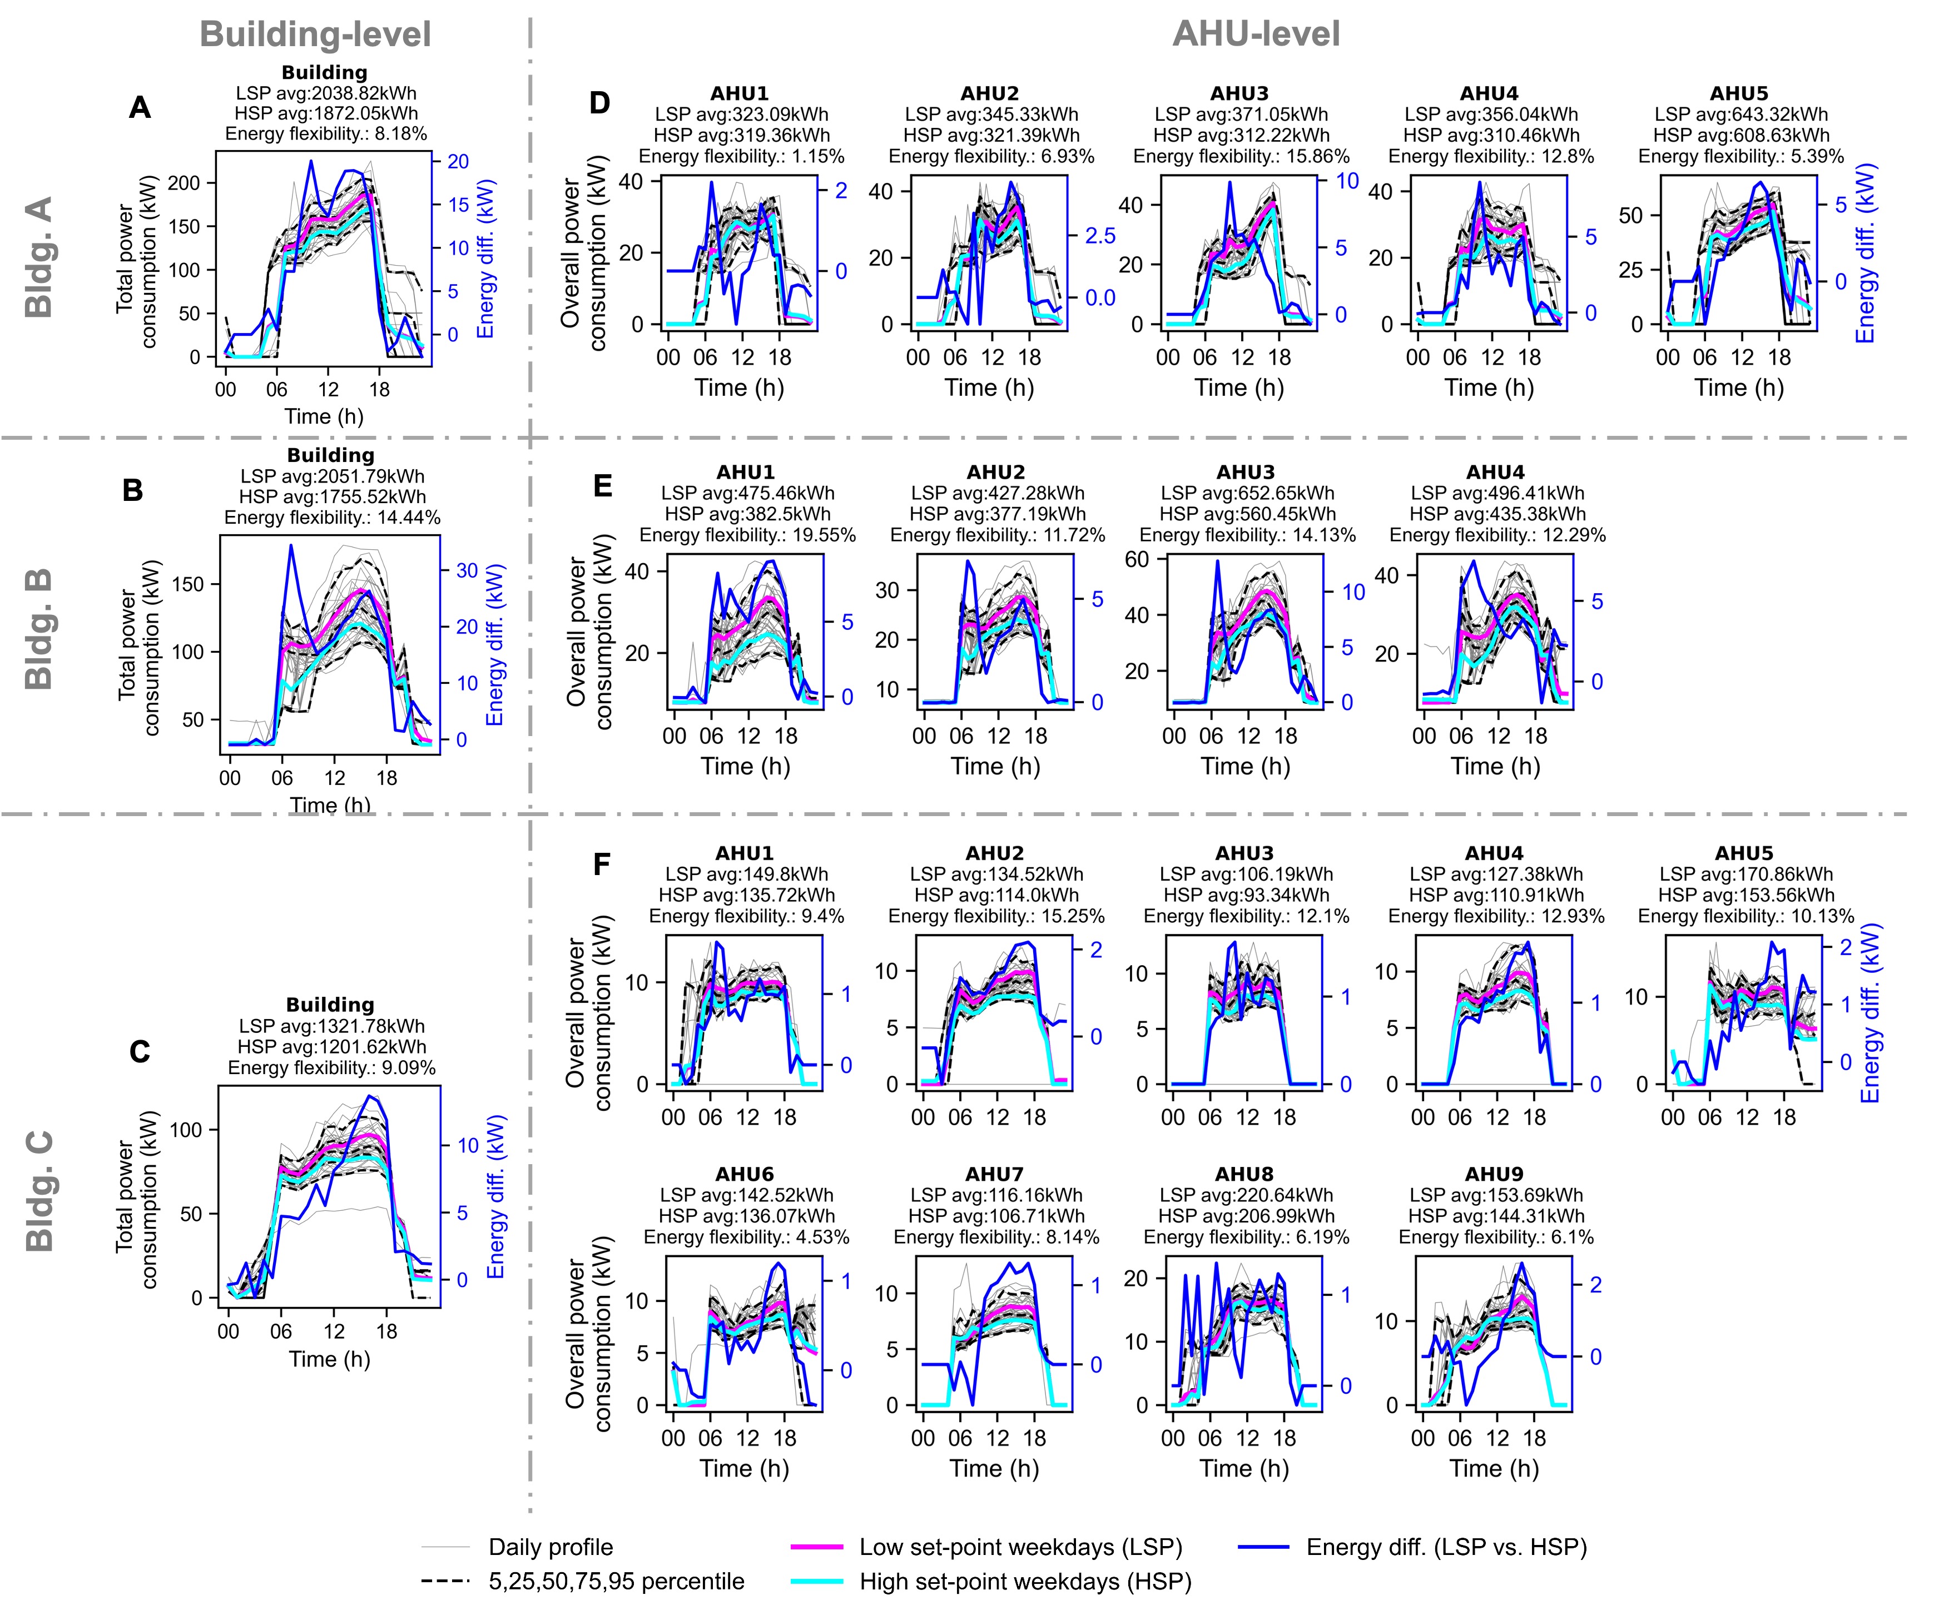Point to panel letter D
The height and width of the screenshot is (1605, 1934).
pyautogui.click(x=599, y=103)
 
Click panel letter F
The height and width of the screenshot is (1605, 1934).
pyautogui.click(x=601, y=864)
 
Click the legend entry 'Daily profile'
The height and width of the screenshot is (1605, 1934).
pyautogui.click(x=550, y=1547)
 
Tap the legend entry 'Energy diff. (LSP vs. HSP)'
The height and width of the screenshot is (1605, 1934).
pyautogui.click(x=1446, y=1547)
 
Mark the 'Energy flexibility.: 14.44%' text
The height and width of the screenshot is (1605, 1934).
pyautogui.click(x=331, y=518)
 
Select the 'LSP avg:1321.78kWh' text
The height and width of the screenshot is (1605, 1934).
pyautogui.click(x=331, y=1026)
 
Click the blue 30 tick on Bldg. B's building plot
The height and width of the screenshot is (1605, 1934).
pyautogui.click(x=467, y=571)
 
